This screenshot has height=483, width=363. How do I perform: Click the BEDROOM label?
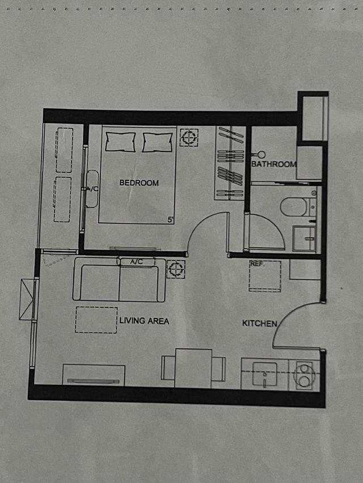(139, 183)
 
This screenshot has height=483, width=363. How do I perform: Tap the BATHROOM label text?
(274, 164)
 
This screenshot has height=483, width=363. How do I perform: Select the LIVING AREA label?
(144, 321)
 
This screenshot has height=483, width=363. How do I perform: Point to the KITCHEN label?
(259, 324)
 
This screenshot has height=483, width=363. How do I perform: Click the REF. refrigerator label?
(258, 264)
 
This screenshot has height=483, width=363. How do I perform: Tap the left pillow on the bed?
(120, 142)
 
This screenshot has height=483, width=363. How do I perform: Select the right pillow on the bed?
(158, 142)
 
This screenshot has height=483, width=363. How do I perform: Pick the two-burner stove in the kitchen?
(305, 375)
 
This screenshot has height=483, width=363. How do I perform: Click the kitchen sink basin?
(265, 374)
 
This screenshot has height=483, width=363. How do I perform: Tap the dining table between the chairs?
(193, 368)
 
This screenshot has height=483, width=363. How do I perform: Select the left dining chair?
(168, 368)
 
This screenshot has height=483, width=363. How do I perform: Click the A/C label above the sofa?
(137, 262)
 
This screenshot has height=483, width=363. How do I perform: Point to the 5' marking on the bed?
(170, 219)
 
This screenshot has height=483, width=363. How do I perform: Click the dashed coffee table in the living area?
(96, 320)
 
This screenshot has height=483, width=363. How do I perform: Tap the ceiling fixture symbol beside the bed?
(189, 137)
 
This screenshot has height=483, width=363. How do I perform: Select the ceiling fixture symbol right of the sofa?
(176, 269)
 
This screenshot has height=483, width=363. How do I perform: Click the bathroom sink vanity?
(305, 238)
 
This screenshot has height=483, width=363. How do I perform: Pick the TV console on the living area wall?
(94, 375)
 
